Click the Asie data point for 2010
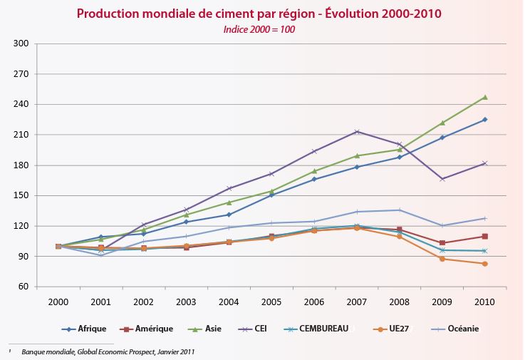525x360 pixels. click(484, 97)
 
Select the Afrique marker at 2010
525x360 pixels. click(484, 119)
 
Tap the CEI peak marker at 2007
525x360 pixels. click(357, 131)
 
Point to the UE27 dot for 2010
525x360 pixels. click(484, 264)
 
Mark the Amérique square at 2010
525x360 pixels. click(484, 236)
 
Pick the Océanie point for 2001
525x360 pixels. click(101, 254)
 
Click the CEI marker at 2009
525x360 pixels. click(442, 179)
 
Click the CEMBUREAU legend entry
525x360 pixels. click(330, 329)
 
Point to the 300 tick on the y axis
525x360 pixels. click(21, 43)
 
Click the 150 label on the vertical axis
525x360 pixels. click(21, 195)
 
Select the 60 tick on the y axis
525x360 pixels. click(23, 287)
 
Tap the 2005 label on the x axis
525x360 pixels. click(271, 302)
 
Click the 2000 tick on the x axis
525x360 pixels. click(58, 302)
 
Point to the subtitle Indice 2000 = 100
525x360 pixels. click(259, 29)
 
